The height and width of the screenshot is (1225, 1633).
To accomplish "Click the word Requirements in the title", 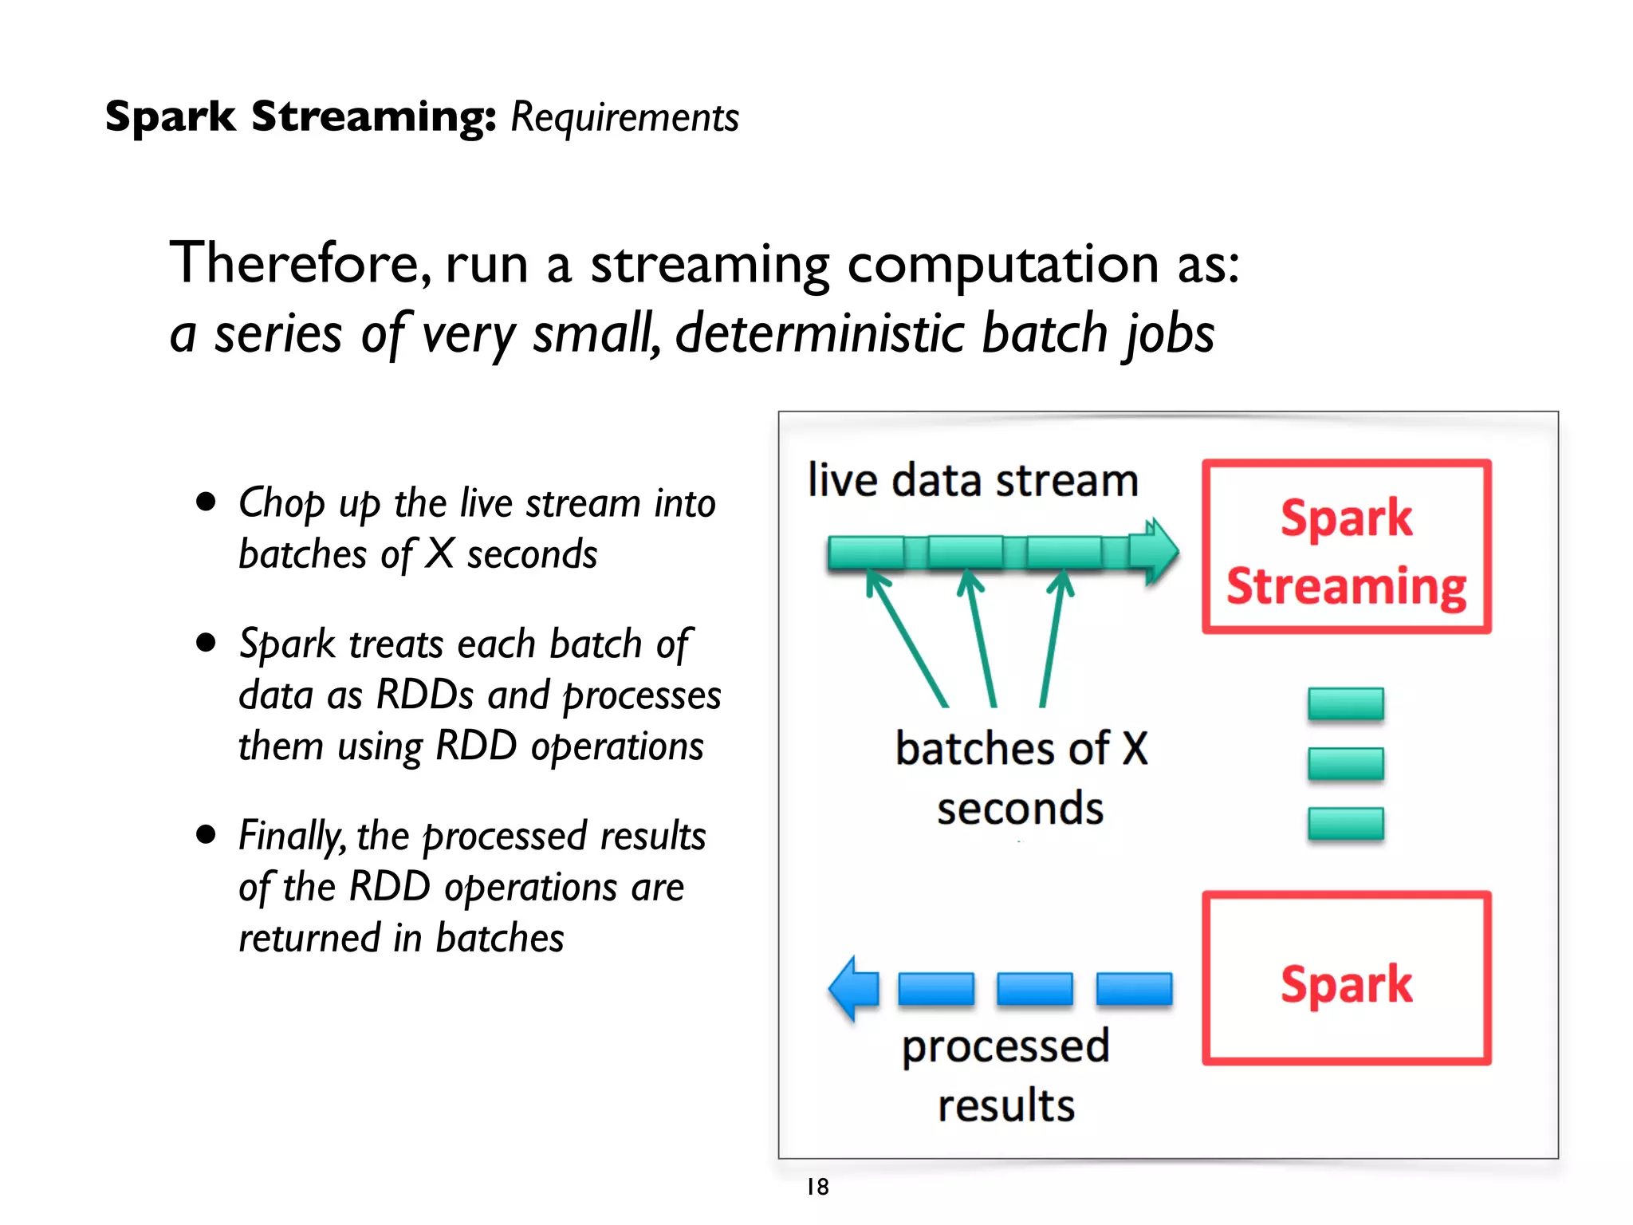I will point(624,117).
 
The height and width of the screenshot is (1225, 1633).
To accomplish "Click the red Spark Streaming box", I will point(1346,547).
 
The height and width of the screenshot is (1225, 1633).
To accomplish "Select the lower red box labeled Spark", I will point(1346,979).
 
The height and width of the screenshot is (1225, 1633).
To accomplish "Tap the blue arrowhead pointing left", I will point(852,988).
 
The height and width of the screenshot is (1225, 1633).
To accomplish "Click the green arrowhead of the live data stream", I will point(1160,551).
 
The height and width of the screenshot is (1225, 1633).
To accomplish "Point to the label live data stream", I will point(973,481).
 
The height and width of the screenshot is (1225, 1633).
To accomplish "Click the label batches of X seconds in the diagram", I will point(1021,778).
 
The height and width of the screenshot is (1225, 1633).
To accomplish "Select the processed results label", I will point(1005,1074).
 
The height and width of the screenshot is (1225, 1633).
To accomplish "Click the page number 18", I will point(817,1187).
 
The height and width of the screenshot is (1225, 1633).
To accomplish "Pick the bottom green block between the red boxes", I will point(1345,824).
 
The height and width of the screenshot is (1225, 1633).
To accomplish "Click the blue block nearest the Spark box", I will point(1134,989).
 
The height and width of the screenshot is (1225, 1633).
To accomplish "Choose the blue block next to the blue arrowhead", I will point(936,989).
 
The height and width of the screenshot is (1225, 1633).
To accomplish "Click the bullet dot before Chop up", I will point(207,502).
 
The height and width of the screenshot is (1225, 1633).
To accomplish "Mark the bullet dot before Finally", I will point(207,834).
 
